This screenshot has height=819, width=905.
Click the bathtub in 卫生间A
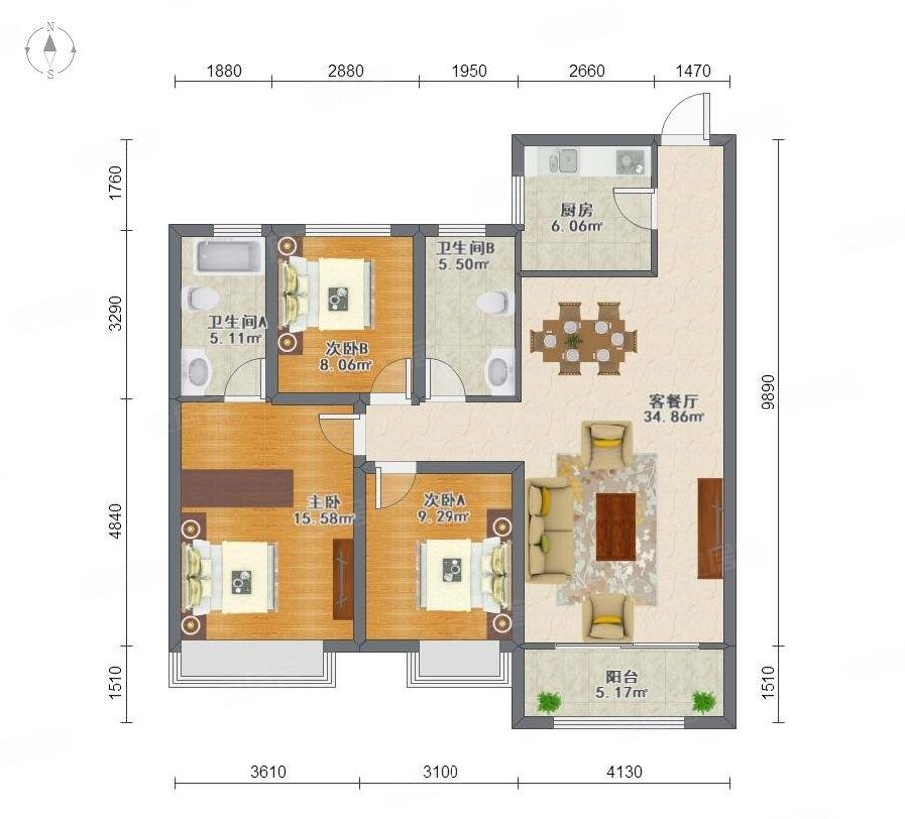coord(229,256)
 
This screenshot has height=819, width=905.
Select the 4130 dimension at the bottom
coord(624,771)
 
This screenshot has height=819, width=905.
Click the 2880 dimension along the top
coord(345,71)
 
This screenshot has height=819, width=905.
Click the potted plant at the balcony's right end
coord(704,701)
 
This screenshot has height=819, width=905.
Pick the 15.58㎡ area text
coord(323,518)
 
